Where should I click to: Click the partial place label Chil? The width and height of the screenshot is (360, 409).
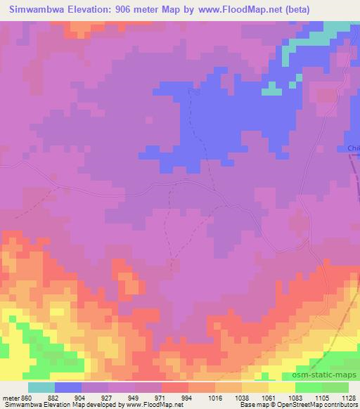point(353,148)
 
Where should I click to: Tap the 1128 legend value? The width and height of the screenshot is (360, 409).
point(349,398)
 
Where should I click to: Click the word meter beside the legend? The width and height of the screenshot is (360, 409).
point(11,398)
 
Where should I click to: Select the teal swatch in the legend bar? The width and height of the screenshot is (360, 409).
point(41,387)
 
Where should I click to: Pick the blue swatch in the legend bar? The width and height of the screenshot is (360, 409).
point(68,387)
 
